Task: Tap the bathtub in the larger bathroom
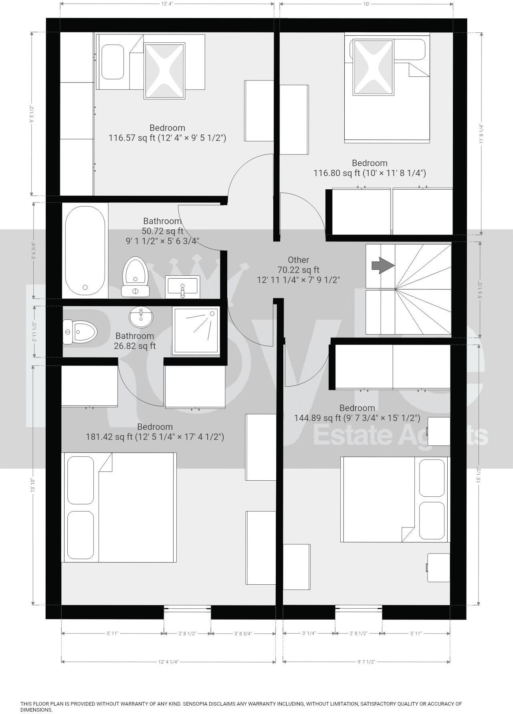pos(85,250)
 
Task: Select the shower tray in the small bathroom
pos(196,331)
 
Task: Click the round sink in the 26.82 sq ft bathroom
pos(141,317)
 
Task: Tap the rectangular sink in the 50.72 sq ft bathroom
pos(183,287)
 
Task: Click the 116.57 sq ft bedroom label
pos(167,133)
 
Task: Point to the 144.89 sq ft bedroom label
pos(357,413)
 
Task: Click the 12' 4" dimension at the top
pos(167,4)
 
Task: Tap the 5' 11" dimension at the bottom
pos(113,634)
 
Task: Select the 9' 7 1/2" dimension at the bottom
pos(366,662)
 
